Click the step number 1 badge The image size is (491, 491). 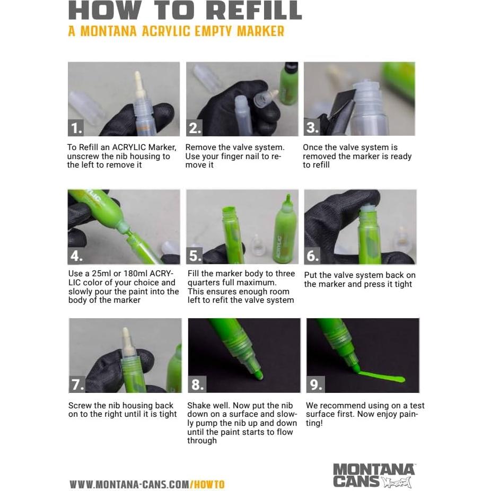[x=76, y=128]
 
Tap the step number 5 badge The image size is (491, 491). [x=195, y=256]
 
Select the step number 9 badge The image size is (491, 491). [x=315, y=384]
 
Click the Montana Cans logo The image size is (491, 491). [x=374, y=475]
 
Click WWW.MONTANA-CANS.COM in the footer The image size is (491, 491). [x=129, y=484]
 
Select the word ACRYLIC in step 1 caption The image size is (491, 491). [x=129, y=147]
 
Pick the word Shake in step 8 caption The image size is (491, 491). [x=198, y=405]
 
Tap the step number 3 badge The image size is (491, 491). [x=312, y=128]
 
